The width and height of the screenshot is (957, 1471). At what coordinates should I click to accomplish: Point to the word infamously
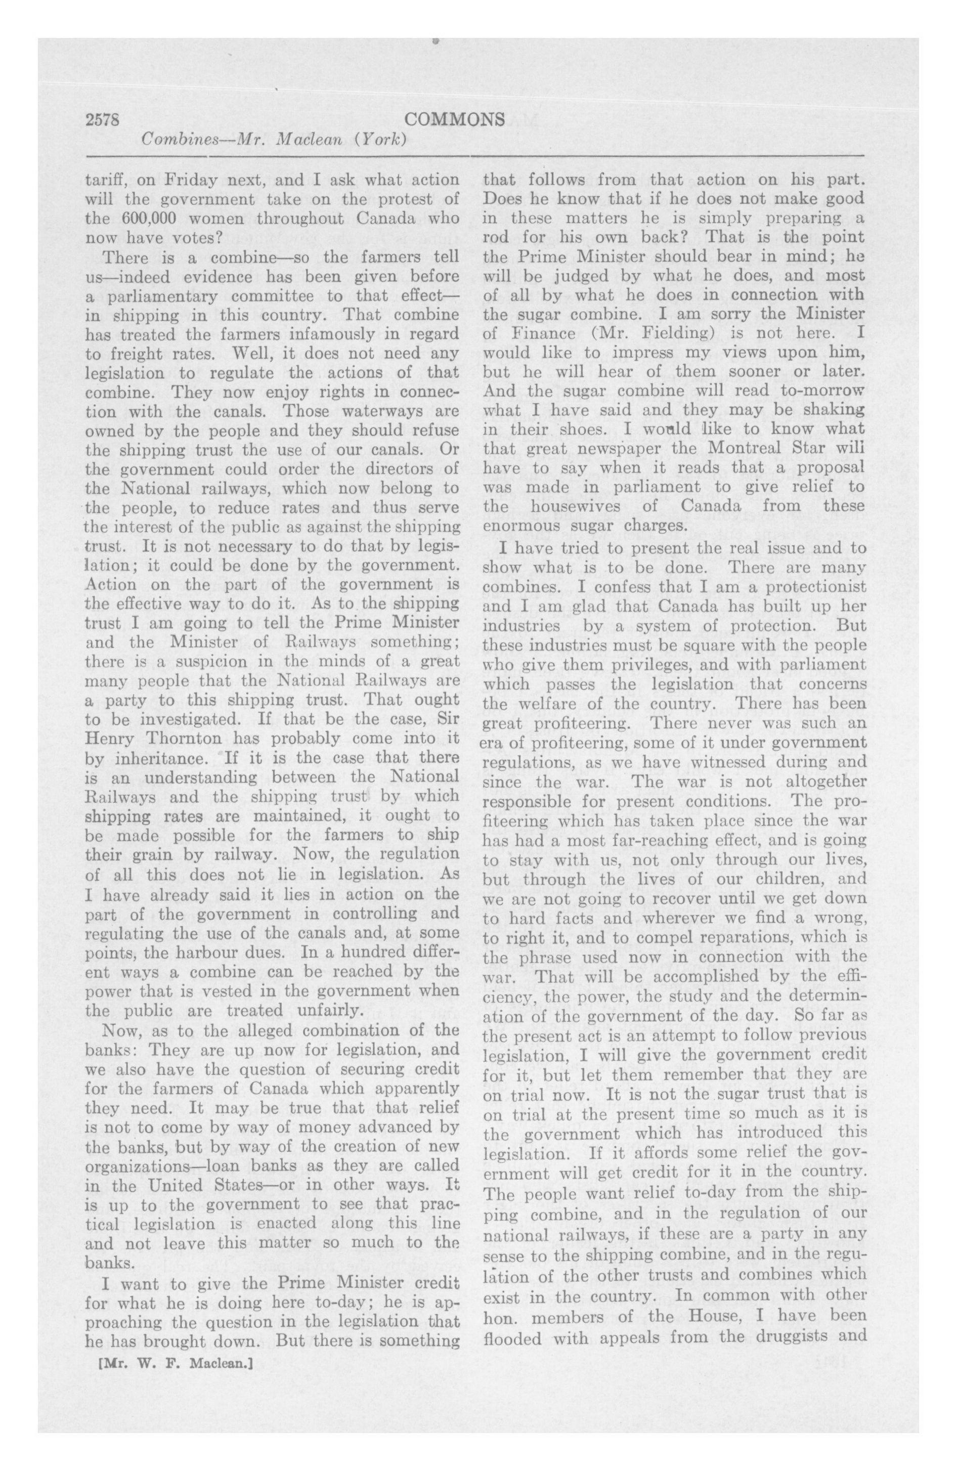click(x=298, y=334)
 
